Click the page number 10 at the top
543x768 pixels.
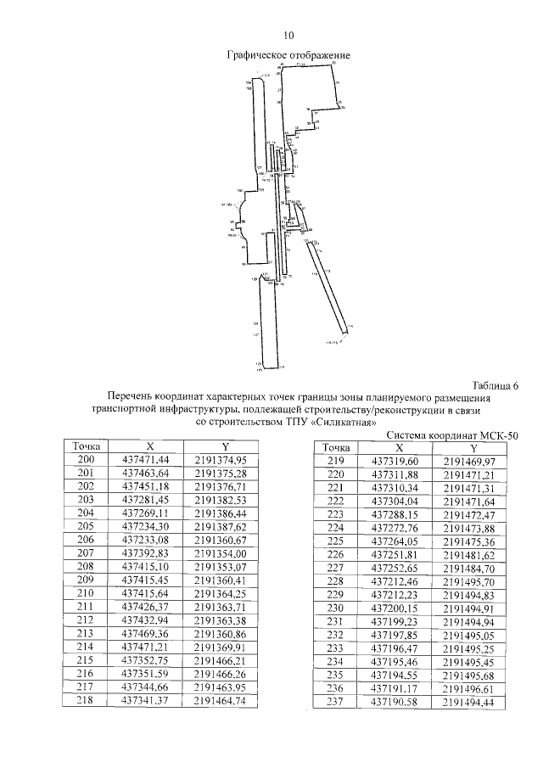288,36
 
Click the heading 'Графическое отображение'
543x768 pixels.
288,55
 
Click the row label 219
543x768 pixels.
336,461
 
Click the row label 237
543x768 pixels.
336,703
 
